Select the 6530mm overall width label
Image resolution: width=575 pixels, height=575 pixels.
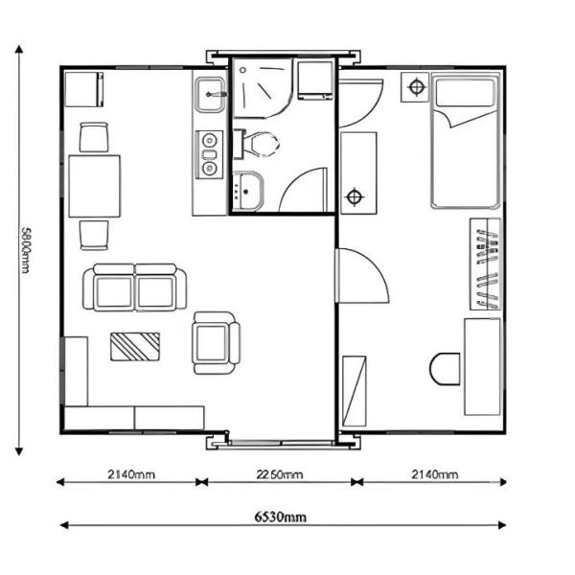click(281, 517)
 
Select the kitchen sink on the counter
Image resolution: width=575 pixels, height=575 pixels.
click(210, 94)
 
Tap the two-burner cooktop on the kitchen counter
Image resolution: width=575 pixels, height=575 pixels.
click(209, 155)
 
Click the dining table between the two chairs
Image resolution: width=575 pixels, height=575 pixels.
click(94, 185)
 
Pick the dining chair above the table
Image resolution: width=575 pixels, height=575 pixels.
click(94, 138)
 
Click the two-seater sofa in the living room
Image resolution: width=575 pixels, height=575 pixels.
click(134, 288)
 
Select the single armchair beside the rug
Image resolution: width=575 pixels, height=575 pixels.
click(214, 342)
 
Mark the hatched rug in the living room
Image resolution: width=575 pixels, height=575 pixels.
click(135, 345)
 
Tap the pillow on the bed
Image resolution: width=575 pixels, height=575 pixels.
click(466, 94)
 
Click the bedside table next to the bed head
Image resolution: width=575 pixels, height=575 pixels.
click(416, 87)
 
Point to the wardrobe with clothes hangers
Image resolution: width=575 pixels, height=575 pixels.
click(485, 264)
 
